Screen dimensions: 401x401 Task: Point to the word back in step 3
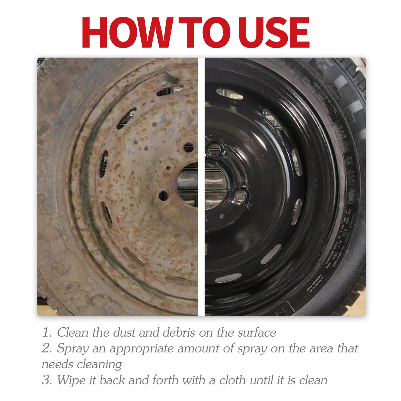(x=112, y=380)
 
